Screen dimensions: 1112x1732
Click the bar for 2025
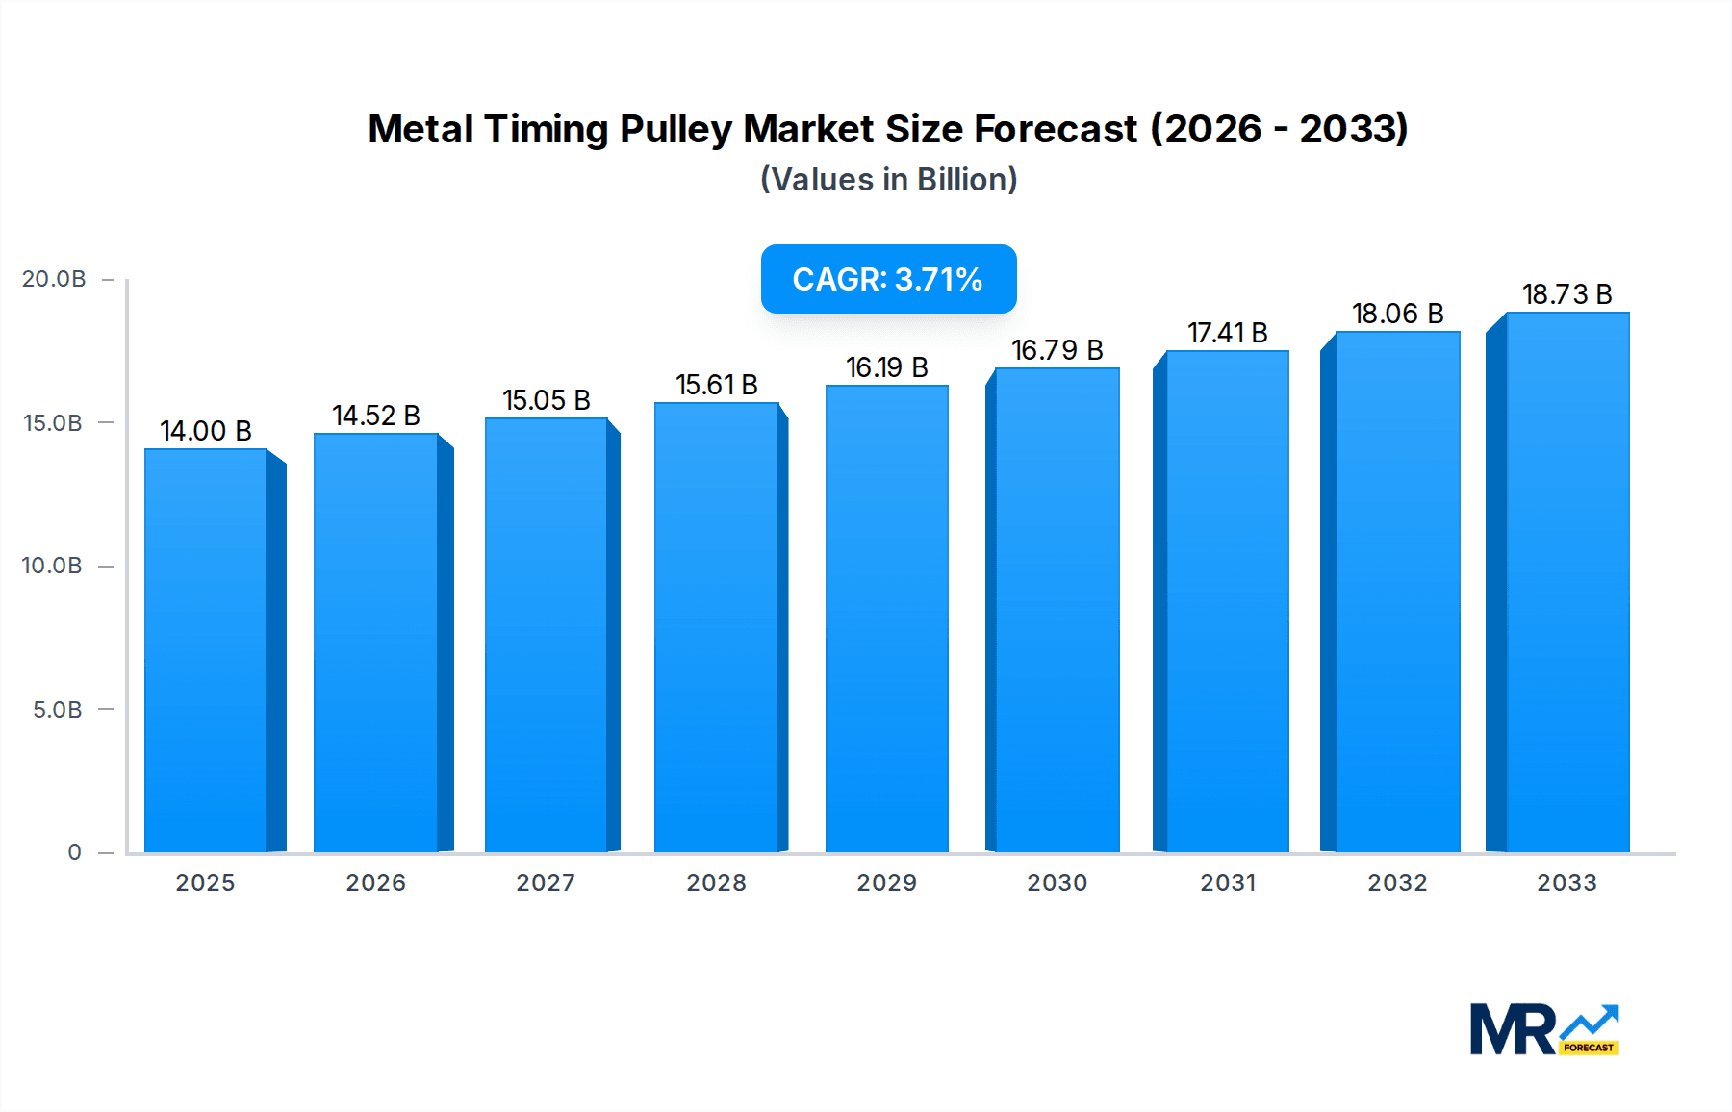click(205, 650)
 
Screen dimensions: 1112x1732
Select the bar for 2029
click(886, 619)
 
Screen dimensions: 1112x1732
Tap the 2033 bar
click(1567, 582)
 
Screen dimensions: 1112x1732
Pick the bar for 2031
click(1227, 601)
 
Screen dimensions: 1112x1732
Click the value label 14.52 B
click(376, 416)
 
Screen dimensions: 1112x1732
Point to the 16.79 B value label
click(1057, 350)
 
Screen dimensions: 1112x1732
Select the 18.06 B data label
click(1397, 314)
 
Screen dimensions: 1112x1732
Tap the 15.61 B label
click(716, 385)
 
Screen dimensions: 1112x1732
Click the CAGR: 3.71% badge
click(888, 279)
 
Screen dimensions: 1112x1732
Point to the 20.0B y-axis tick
click(54, 279)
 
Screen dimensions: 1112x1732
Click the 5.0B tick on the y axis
click(58, 710)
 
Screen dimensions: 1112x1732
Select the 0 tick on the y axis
click(75, 852)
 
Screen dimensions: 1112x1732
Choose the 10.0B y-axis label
click(52, 566)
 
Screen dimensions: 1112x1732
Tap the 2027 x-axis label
click(546, 883)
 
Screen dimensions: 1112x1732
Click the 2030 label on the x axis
click(1057, 883)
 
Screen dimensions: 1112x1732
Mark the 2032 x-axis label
click(1397, 883)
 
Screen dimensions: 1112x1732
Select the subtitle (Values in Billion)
click(888, 180)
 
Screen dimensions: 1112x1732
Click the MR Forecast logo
click(1543, 1029)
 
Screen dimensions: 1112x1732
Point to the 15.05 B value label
click(546, 400)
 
